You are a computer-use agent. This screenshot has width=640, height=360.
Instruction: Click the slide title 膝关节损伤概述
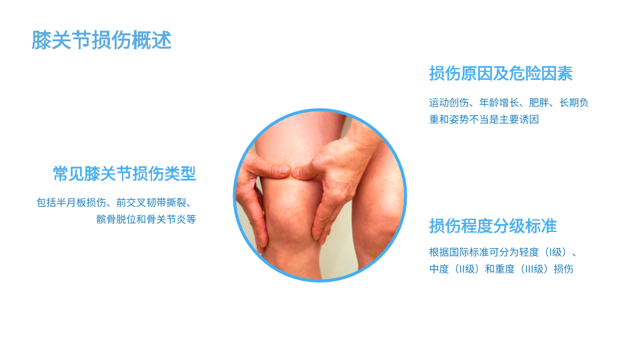pyautogui.click(x=101, y=40)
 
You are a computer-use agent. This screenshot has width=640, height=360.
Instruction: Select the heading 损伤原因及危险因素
pyautogui.click(x=501, y=73)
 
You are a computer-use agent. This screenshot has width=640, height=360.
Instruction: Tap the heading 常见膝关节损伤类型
pyautogui.click(x=125, y=174)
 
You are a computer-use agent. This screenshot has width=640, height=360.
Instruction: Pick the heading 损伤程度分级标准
pyautogui.click(x=493, y=226)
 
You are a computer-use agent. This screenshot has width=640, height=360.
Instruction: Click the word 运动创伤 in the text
pyautogui.click(x=449, y=103)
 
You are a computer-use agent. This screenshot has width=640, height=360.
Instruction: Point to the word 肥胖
pyautogui.click(x=539, y=103)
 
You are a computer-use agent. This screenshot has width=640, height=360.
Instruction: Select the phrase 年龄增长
pyautogui.click(x=499, y=103)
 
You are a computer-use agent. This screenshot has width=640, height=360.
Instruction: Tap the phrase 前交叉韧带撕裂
pyautogui.click(x=151, y=203)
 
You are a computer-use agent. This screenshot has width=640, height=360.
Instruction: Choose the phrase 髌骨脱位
pyautogui.click(x=116, y=219)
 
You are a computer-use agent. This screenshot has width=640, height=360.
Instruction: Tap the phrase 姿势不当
pyautogui.click(x=469, y=119)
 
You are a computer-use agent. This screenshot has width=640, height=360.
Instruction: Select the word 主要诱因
pyautogui.click(x=519, y=119)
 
